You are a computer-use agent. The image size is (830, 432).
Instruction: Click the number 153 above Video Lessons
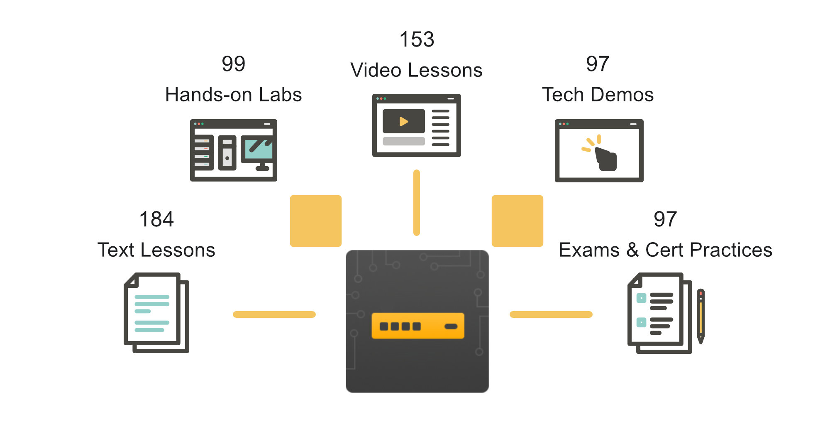(x=417, y=40)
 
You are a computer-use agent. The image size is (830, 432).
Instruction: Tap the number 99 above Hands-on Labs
(x=234, y=64)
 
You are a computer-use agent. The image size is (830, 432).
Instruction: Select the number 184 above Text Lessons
(x=156, y=219)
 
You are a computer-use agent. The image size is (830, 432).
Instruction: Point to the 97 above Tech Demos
(x=598, y=64)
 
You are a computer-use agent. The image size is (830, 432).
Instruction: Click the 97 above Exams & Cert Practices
(x=665, y=219)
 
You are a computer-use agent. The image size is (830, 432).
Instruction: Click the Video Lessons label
(x=417, y=70)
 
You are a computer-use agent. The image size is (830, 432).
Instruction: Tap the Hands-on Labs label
(x=234, y=95)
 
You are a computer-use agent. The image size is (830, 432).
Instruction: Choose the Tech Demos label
(x=598, y=95)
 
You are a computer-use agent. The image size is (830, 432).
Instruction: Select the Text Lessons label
(x=156, y=250)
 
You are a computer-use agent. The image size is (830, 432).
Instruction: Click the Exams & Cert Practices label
(x=665, y=250)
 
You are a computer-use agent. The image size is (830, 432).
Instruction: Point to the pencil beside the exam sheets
(x=701, y=316)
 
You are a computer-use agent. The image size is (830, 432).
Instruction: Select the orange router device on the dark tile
(x=417, y=326)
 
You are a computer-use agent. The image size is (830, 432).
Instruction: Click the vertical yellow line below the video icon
(x=417, y=203)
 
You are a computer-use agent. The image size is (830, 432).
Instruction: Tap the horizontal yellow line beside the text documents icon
(x=274, y=314)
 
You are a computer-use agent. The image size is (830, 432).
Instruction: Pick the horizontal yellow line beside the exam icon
(x=551, y=314)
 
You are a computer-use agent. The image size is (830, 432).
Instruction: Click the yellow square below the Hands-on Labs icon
(x=316, y=221)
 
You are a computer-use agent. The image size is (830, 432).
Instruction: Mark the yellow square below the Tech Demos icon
(x=518, y=221)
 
